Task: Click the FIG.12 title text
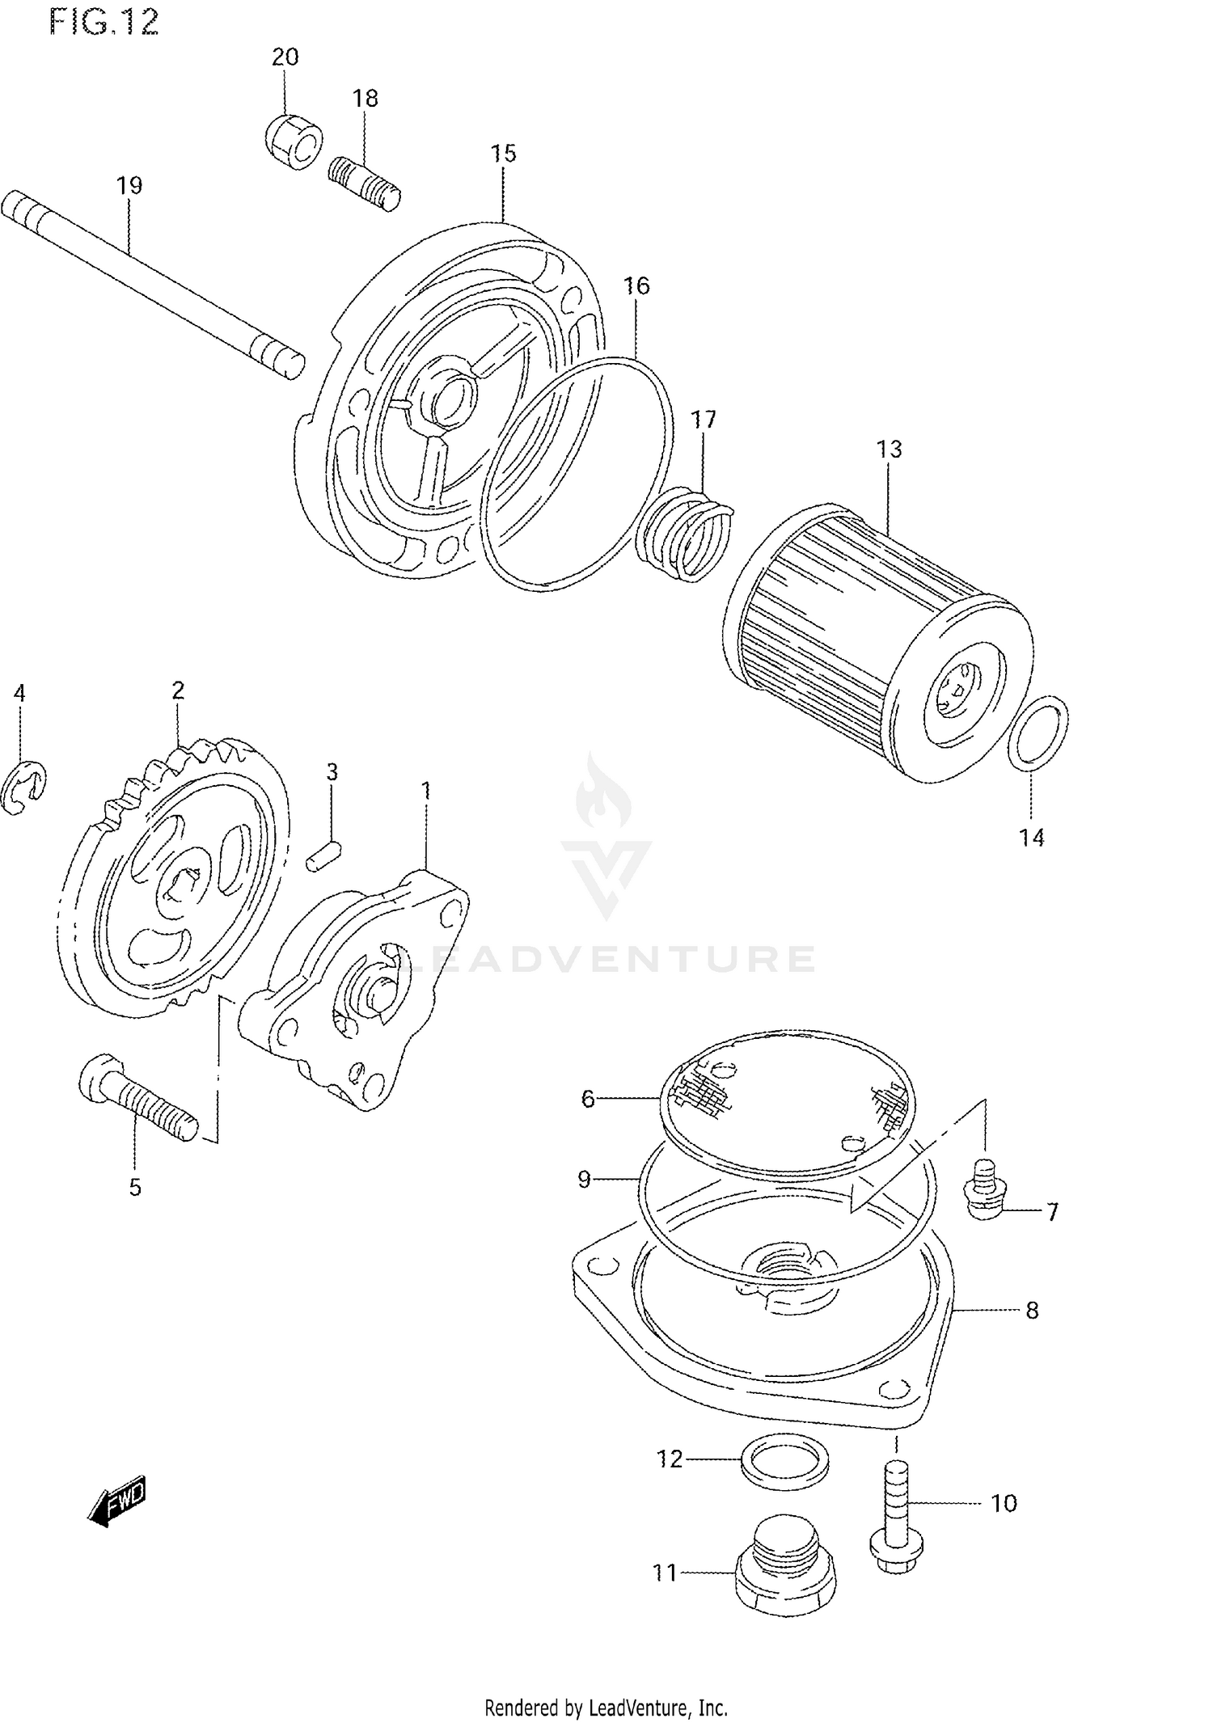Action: [104, 22]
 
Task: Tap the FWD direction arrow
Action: [117, 1502]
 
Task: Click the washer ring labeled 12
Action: [784, 1461]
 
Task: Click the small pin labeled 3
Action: [325, 855]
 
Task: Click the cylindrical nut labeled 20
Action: [294, 142]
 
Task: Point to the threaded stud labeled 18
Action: [365, 184]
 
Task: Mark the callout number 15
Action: [503, 153]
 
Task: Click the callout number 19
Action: [129, 185]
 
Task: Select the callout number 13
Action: [889, 449]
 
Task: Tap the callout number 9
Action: [584, 1180]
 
